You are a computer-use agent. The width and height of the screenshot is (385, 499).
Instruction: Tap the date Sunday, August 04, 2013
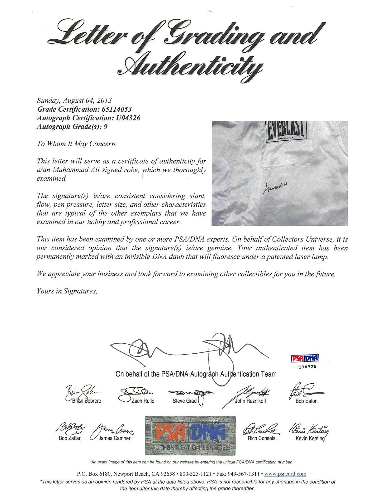[x=74, y=100]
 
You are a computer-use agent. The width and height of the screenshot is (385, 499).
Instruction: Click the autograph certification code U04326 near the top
[x=126, y=118]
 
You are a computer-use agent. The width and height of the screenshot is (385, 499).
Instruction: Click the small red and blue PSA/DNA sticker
[x=305, y=359]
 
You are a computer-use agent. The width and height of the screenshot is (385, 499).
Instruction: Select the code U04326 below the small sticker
[x=307, y=366]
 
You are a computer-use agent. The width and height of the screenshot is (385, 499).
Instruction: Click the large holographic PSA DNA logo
[x=190, y=435]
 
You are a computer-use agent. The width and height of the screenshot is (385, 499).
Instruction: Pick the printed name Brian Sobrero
[x=87, y=401]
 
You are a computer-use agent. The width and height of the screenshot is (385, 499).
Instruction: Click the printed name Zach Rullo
[x=143, y=401]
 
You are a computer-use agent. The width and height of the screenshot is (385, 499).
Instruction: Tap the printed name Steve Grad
[x=184, y=401]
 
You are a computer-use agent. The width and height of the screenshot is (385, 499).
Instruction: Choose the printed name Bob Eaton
[x=306, y=401]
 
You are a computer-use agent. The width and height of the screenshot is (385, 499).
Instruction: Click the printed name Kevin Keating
[x=310, y=438]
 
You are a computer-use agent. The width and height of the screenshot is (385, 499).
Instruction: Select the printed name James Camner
[x=114, y=438]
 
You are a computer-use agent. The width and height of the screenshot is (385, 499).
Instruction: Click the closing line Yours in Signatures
[x=67, y=291]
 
